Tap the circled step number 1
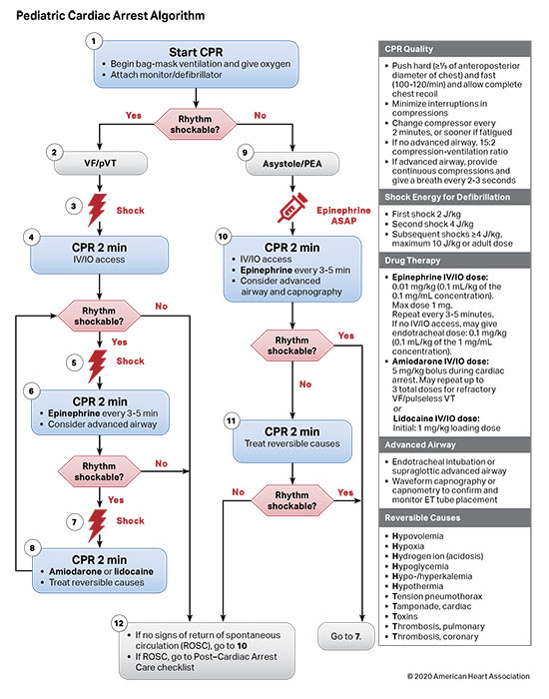click(93, 41)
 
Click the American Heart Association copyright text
click(462, 678)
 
